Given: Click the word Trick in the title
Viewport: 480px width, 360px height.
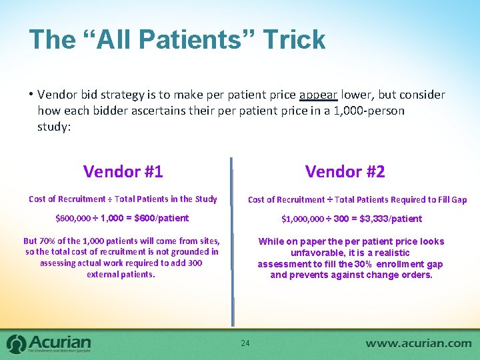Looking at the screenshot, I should (294, 40).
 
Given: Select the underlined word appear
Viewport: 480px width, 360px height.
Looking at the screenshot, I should (319, 95).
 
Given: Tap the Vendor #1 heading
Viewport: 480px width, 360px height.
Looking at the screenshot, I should (123, 171).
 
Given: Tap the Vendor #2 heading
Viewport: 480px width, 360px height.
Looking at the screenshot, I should (345, 171).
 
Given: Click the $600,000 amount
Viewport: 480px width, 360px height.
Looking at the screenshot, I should (74, 218).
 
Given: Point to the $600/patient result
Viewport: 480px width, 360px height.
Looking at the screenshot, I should (161, 218).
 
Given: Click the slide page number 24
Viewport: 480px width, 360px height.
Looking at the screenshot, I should (245, 343).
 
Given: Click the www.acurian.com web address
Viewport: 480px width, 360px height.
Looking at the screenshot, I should (418, 343).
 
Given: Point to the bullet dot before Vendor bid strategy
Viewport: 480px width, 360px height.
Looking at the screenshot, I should (31, 95).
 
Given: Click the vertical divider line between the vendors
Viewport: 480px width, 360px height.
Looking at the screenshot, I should (233, 240).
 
